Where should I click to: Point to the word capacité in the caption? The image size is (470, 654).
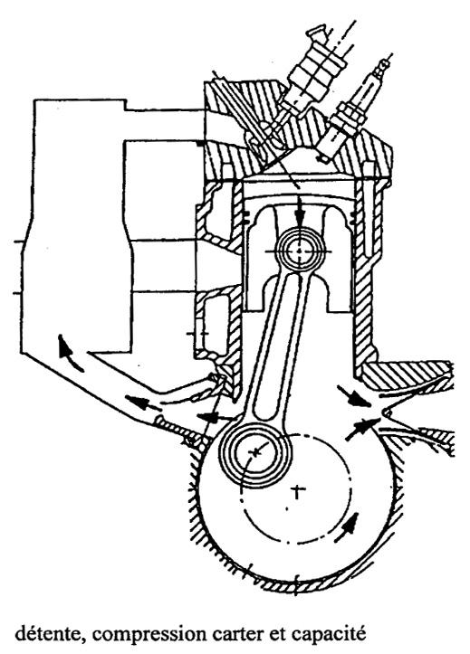pyautogui.click(x=329, y=634)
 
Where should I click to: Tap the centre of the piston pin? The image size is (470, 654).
pyautogui.click(x=300, y=251)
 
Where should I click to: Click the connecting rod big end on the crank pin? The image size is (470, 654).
pyautogui.click(x=254, y=453)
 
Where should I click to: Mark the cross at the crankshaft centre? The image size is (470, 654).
pyautogui.click(x=297, y=492)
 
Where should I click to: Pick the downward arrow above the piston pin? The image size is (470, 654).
pyautogui.click(x=300, y=211)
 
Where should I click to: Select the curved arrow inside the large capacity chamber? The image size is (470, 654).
pyautogui.click(x=70, y=353)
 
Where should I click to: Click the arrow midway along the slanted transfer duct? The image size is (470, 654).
pyautogui.click(x=142, y=403)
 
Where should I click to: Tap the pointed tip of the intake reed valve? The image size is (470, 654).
pyautogui.click(x=385, y=413)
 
